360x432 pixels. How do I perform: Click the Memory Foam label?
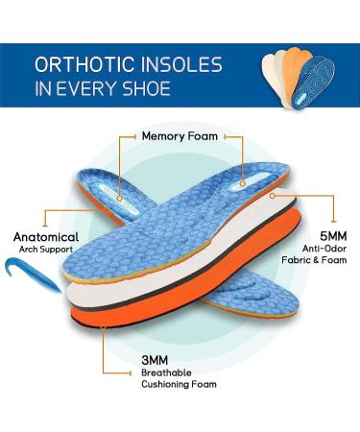click(x=180, y=136)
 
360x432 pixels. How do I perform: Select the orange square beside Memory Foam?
click(x=121, y=136)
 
